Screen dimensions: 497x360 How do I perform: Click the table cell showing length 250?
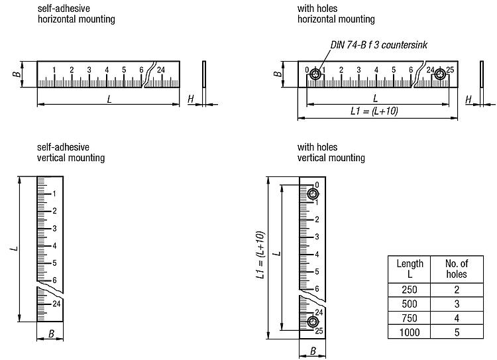[x=410, y=290]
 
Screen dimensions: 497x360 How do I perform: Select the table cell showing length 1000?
[x=410, y=332]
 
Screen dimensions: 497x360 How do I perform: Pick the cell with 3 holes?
[x=457, y=304]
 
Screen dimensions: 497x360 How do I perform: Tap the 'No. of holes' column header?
[x=457, y=269]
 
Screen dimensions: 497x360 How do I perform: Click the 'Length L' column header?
[x=410, y=269]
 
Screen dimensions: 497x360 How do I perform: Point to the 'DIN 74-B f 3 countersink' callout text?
[x=379, y=44]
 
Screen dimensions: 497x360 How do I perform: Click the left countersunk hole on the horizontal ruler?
[x=315, y=74]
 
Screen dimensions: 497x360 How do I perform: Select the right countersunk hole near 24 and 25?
[x=439, y=74]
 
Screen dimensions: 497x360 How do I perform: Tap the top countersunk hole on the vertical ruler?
[x=313, y=194]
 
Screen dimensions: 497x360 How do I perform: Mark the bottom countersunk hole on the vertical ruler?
[x=313, y=322]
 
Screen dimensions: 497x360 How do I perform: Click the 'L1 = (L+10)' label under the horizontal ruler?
[x=374, y=111]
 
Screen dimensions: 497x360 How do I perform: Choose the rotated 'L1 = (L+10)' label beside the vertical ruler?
[x=260, y=255]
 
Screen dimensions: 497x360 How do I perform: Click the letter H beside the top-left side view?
[x=191, y=99]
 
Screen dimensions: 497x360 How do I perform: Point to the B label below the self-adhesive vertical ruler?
[x=51, y=333]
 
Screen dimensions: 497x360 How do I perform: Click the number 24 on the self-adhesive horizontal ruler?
[x=161, y=70]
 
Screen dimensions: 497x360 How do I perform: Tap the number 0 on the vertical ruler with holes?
[x=317, y=185]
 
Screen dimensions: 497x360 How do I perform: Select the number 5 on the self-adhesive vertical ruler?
[x=54, y=263]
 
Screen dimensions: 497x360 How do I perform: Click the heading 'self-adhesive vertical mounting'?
[x=71, y=152]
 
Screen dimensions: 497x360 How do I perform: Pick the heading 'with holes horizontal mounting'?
[x=336, y=14]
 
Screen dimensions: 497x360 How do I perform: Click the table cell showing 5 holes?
[x=457, y=332]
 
